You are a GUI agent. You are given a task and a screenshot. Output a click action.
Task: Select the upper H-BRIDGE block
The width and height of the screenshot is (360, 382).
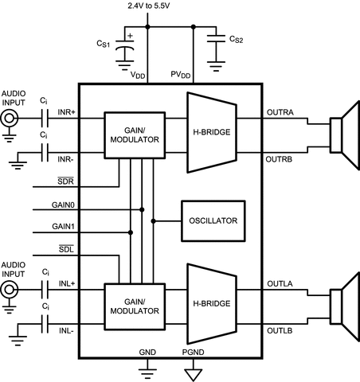pyautogui.click(x=213, y=131)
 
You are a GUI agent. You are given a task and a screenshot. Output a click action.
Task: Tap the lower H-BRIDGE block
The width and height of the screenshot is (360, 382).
pyautogui.click(x=213, y=304)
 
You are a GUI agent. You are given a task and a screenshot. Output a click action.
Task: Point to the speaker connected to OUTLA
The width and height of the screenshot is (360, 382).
pyautogui.click(x=339, y=302)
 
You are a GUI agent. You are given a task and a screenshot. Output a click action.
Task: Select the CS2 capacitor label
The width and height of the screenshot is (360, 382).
pyautogui.click(x=236, y=40)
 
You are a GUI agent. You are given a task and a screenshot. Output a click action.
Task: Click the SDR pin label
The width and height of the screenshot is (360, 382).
pyautogui.click(x=66, y=181)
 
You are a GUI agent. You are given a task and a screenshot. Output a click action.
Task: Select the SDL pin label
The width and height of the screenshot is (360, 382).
pyautogui.click(x=66, y=251)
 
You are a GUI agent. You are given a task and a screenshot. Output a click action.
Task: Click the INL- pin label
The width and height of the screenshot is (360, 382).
pyautogui.click(x=67, y=329)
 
